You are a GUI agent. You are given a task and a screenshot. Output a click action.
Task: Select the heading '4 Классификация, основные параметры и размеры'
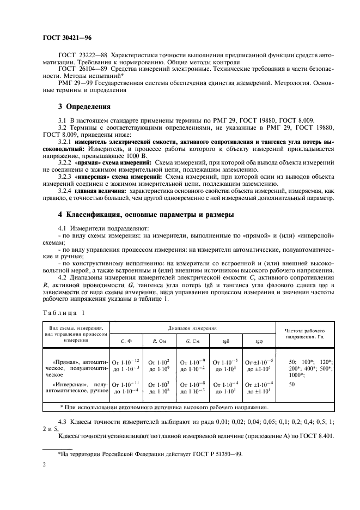click(x=146, y=215)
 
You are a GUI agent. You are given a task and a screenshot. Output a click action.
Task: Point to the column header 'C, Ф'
click(x=126, y=341)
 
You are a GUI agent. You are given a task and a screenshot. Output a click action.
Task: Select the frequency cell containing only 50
click(x=291, y=384)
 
